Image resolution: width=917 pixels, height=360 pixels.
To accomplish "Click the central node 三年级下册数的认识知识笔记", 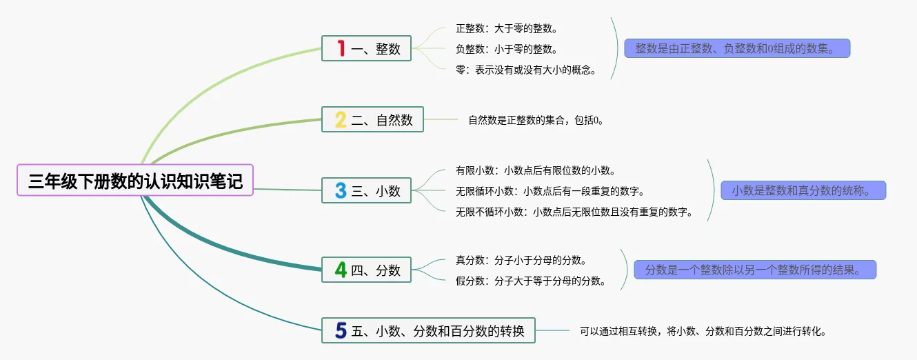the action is coord(135,180).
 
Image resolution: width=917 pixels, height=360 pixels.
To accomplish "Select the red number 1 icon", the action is coord(341,48).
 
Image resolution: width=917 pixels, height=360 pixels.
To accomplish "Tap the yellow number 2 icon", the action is coord(341,119).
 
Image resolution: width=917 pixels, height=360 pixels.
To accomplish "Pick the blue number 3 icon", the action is coord(341,190).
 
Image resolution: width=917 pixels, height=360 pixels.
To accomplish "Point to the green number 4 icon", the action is coord(341,270).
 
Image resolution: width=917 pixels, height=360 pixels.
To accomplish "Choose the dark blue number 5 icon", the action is coord(341,330).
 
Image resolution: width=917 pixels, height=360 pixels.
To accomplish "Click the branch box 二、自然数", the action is coord(372,119).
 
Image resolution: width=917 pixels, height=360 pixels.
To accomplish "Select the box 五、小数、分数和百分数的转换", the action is coord(428,330).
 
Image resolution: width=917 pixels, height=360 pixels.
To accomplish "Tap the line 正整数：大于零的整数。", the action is coord(507,28).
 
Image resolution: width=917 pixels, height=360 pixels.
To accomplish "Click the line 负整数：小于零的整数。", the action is coord(507,49).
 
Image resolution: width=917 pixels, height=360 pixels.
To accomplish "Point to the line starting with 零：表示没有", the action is coord(526,70).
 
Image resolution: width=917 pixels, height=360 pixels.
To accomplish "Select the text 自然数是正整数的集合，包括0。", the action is coord(536,120).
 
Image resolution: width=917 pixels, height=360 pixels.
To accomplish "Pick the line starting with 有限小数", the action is coord(536,170).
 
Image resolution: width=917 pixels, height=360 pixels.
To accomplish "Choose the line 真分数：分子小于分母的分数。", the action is coord(521,260).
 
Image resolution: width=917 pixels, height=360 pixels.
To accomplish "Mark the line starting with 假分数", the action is coord(531,281).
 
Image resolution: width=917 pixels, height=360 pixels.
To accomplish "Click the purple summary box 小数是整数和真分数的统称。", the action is coord(803,190).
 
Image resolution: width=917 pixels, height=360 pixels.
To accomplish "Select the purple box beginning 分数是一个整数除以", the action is coord(755,270).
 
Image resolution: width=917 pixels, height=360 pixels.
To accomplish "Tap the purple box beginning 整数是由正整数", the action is coord(737,48).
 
